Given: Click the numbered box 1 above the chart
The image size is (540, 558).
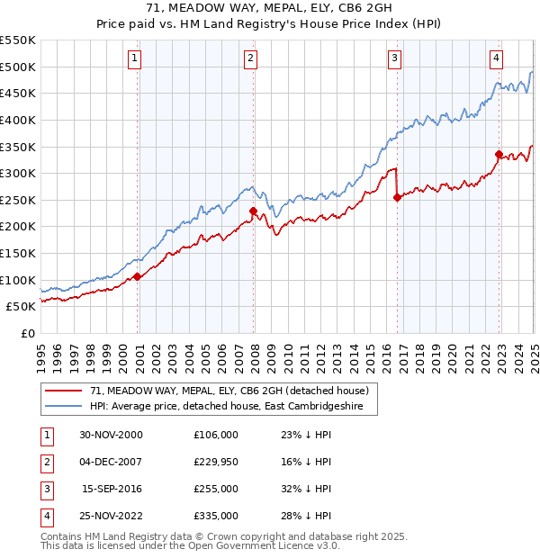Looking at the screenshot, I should click(x=134, y=59).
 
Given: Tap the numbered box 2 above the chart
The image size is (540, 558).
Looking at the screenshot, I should click(x=250, y=59).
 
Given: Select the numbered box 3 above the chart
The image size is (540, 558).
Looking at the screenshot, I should click(x=395, y=59).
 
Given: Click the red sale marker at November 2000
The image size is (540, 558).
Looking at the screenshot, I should click(x=138, y=276).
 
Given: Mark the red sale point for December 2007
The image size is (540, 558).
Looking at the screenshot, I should click(x=254, y=211).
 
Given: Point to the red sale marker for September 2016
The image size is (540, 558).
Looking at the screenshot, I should click(x=397, y=198).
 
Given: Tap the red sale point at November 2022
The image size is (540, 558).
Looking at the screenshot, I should click(x=499, y=155).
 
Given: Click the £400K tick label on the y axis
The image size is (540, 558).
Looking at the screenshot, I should click(x=18, y=120).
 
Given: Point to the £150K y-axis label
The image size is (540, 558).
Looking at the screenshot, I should click(x=18, y=253).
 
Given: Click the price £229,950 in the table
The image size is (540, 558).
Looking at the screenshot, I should click(x=215, y=462).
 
